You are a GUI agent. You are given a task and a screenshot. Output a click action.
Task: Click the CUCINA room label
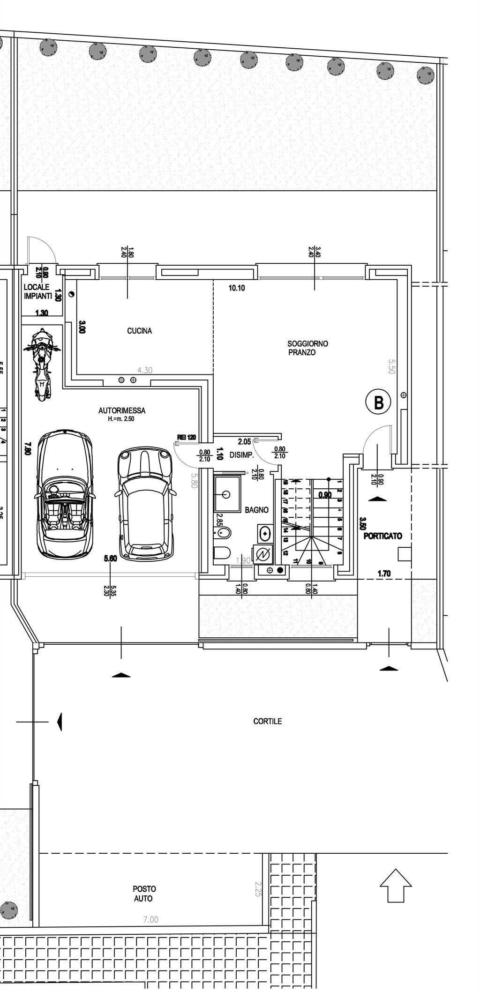(139, 331)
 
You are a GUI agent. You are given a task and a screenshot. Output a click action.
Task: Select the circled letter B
(378, 402)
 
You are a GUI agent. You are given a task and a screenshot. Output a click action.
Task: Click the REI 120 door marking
(186, 437)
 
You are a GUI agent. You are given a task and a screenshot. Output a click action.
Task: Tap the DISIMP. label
(241, 455)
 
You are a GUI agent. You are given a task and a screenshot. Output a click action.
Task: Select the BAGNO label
(256, 510)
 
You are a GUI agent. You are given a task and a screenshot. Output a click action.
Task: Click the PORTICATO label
(382, 536)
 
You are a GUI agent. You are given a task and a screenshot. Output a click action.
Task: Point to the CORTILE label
(267, 721)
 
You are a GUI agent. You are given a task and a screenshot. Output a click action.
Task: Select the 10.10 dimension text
(236, 288)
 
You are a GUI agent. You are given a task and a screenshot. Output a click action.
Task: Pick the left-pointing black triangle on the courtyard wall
(59, 722)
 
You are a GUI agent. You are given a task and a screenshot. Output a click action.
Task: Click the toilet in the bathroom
(222, 553)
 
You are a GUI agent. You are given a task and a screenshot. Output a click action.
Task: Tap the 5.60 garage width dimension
(110, 559)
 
